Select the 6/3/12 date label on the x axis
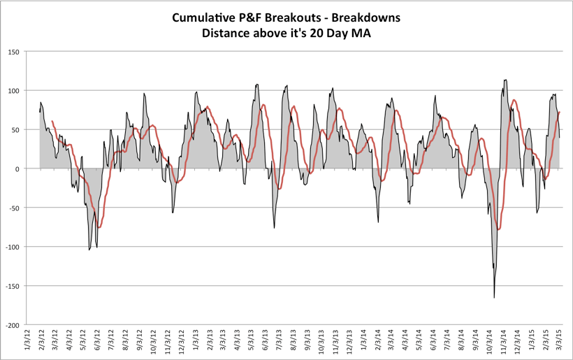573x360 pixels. click(x=97, y=344)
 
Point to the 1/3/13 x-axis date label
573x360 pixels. click(x=196, y=344)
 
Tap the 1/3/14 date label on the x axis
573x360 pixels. click(x=364, y=344)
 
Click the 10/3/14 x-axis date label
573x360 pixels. click(x=491, y=344)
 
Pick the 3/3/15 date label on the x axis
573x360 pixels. click(x=560, y=344)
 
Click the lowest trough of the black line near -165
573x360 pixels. click(x=494, y=298)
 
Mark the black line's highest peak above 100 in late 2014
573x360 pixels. click(x=505, y=80)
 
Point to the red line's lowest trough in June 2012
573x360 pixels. click(x=99, y=227)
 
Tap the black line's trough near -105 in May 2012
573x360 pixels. click(x=89, y=250)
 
